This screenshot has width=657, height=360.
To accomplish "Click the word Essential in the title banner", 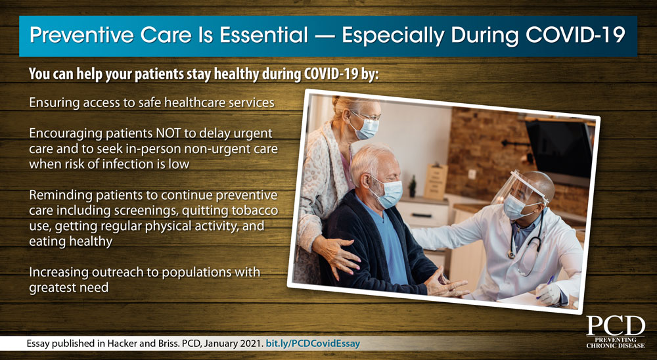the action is (x=263, y=35).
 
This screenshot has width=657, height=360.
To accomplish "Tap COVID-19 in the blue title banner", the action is (x=576, y=35).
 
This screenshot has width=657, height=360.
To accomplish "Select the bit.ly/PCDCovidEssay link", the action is (x=313, y=344).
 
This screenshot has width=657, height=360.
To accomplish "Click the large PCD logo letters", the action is (x=616, y=326).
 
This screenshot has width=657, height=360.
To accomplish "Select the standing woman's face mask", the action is (x=366, y=127).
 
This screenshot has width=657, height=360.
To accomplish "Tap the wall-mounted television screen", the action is (x=560, y=146).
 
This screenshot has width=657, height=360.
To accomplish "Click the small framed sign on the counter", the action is (x=435, y=181).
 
